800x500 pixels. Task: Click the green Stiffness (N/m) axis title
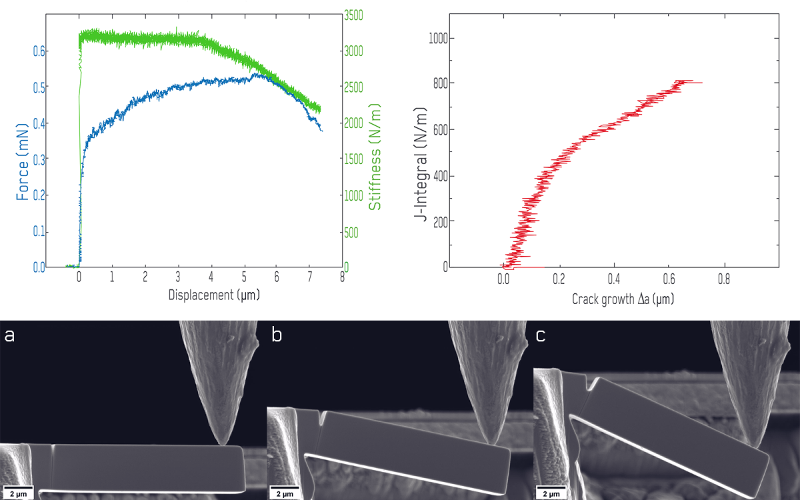pos(375,157)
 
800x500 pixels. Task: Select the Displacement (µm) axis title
pos(213,294)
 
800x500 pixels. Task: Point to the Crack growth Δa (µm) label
pos(623,299)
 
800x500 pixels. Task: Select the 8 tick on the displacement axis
pos(342,276)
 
